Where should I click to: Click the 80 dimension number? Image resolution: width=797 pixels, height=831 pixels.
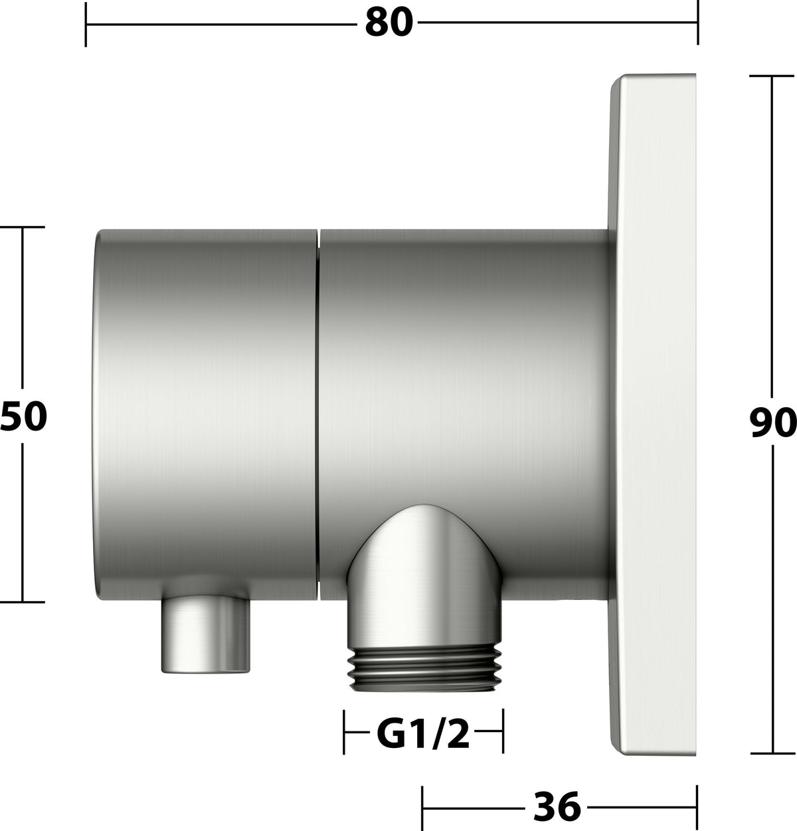coord(389,23)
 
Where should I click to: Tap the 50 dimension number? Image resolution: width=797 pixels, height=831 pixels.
coord(23,416)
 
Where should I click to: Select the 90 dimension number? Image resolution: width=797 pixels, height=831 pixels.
coord(773,422)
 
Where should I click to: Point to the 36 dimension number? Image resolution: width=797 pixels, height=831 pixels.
coord(557,806)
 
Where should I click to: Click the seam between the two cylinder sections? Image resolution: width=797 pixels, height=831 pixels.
coord(318,415)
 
